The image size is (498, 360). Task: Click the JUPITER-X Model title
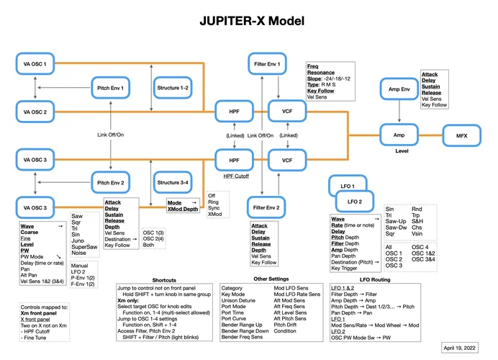coord(248,22)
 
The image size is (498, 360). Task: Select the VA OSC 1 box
coord(35,65)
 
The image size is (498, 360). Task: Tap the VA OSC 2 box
coord(35,112)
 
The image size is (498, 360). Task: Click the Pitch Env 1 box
coord(111,89)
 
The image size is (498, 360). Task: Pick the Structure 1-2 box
coord(173,89)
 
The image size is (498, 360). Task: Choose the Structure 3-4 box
coord(173,183)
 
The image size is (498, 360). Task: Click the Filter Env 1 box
coord(268,65)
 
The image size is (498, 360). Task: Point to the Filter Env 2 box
coord(268,207)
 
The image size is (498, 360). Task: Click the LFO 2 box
coord(355,200)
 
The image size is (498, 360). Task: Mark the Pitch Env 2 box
coord(111,183)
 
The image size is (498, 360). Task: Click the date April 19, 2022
coord(461,347)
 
